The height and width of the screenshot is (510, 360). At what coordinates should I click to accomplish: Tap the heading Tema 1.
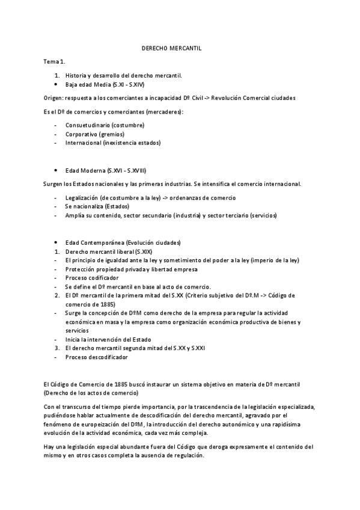[x=54, y=61]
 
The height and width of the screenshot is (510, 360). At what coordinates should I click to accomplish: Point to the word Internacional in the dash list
[x=83, y=143]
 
